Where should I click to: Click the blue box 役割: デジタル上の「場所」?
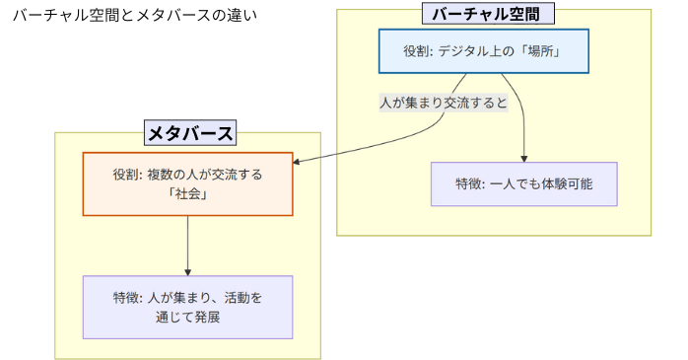click(483, 51)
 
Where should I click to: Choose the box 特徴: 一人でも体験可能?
click(523, 183)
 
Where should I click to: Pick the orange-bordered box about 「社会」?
click(187, 183)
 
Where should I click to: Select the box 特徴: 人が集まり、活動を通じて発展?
click(187, 307)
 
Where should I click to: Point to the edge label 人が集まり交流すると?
click(444, 103)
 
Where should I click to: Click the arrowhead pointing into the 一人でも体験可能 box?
click(523, 157)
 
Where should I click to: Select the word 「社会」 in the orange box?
click(187, 194)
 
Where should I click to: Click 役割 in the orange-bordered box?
click(126, 174)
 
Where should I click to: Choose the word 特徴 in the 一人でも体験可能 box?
click(469, 183)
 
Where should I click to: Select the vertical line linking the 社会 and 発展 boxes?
click(187, 242)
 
